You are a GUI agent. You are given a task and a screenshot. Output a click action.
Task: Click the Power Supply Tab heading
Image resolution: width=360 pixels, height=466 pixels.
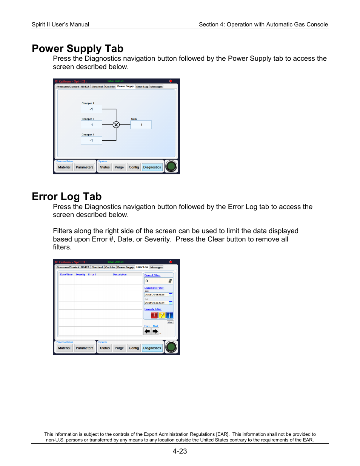pyautogui.click(x=77, y=49)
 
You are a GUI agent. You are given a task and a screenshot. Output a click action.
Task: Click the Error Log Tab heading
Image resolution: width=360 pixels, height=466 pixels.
pyautogui.click(x=66, y=197)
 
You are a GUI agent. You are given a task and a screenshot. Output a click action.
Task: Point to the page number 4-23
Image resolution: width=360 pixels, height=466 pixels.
pyautogui.click(x=180, y=451)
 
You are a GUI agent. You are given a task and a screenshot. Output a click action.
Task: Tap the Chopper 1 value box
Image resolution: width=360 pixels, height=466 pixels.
pyautogui.click(x=91, y=109)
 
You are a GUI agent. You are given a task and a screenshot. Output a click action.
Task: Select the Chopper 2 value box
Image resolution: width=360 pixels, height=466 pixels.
pyautogui.click(x=91, y=125)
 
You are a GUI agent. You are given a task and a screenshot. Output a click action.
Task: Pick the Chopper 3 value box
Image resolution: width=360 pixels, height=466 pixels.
pyautogui.click(x=91, y=140)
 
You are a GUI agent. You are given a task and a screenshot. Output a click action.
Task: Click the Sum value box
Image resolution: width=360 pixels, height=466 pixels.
pyautogui.click(x=141, y=125)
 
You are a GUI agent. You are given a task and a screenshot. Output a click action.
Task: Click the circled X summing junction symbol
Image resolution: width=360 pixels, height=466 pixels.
pyautogui.click(x=116, y=125)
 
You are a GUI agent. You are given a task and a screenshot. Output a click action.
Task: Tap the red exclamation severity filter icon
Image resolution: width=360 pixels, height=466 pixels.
pyautogui.click(x=154, y=315)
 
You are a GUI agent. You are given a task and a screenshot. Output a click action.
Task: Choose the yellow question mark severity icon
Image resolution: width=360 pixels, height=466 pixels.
pyautogui.click(x=162, y=315)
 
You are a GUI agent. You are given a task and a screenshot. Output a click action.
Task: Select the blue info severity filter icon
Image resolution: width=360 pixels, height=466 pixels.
pyautogui.click(x=170, y=315)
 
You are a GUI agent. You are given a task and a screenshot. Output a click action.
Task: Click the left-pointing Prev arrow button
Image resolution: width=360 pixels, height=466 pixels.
pyautogui.click(x=147, y=331)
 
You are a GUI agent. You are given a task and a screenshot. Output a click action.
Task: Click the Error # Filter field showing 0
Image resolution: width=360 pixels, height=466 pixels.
pyautogui.click(x=158, y=281)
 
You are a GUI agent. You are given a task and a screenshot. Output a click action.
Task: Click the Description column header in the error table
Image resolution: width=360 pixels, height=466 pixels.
pyautogui.click(x=120, y=275)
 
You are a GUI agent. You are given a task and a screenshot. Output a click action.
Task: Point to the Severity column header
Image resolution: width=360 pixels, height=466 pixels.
pyautogui.click(x=80, y=275)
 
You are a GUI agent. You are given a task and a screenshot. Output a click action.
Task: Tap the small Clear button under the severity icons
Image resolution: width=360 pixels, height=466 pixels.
pyautogui.click(x=170, y=322)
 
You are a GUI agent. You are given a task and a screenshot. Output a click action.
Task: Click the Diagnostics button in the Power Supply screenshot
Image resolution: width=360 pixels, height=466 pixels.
pyautogui.click(x=152, y=167)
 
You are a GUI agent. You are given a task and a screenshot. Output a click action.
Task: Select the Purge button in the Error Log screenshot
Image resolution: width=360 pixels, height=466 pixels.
pyautogui.click(x=119, y=348)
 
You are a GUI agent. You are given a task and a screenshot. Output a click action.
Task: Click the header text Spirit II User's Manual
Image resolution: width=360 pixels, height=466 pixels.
pyautogui.click(x=60, y=25)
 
